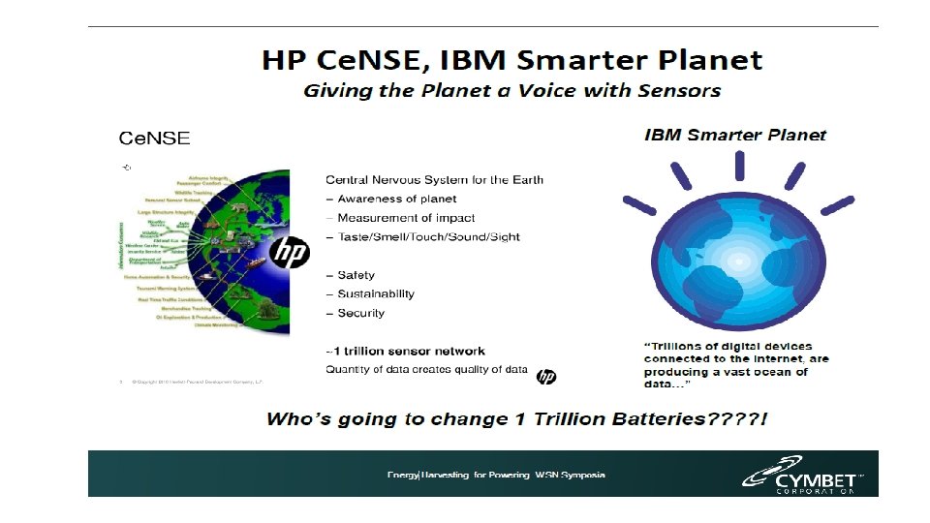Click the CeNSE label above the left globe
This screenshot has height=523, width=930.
click(x=154, y=138)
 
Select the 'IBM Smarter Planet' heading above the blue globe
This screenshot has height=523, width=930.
click(x=735, y=135)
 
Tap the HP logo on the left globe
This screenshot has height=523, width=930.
click(x=289, y=254)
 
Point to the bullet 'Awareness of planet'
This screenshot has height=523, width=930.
click(x=390, y=199)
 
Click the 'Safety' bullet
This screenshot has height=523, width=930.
click(x=356, y=275)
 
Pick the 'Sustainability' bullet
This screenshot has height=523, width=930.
click(x=376, y=293)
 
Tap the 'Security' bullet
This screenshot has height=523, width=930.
click(x=360, y=313)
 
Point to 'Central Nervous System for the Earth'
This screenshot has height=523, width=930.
click(x=434, y=179)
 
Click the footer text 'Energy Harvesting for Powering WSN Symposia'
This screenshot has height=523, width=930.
click(x=496, y=475)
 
